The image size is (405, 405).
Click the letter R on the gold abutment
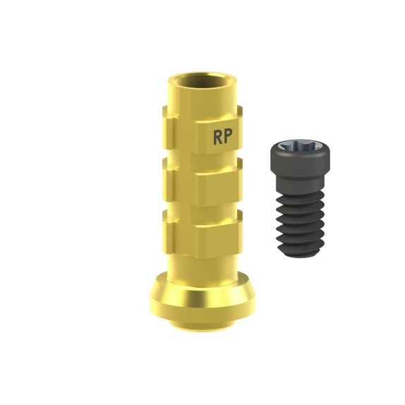[217, 137]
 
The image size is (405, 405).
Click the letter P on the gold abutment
[228, 136]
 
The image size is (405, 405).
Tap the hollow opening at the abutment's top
[202, 80]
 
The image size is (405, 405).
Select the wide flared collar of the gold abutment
[202, 297]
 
